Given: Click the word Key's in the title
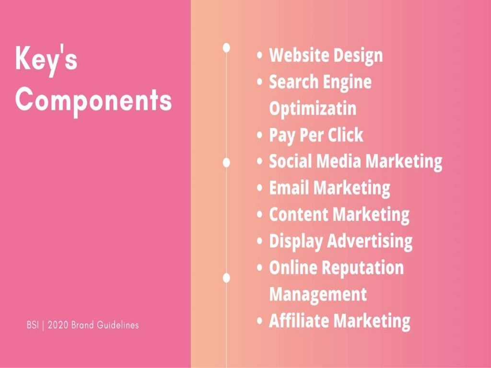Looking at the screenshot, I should pyautogui.click(x=47, y=59).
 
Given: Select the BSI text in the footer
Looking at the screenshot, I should pyautogui.click(x=32, y=325).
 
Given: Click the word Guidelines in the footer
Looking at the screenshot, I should pyautogui.click(x=118, y=325).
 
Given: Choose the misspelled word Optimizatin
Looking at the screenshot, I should pyautogui.click(x=313, y=108).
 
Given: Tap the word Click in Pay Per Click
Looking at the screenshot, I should pyautogui.click(x=345, y=135).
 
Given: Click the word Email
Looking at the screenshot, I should pyautogui.click(x=290, y=187).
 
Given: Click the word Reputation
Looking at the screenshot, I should pyautogui.click(x=364, y=267).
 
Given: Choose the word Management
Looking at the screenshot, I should pyautogui.click(x=318, y=294).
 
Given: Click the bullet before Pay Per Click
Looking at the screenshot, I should pyautogui.click(x=260, y=136).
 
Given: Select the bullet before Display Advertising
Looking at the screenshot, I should pyautogui.click(x=260, y=241).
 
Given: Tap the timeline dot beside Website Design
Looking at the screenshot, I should pyautogui.click(x=227, y=47).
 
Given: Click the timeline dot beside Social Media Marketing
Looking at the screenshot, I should pyautogui.click(x=227, y=162).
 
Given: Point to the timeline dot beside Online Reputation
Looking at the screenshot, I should pyautogui.click(x=227, y=277).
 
